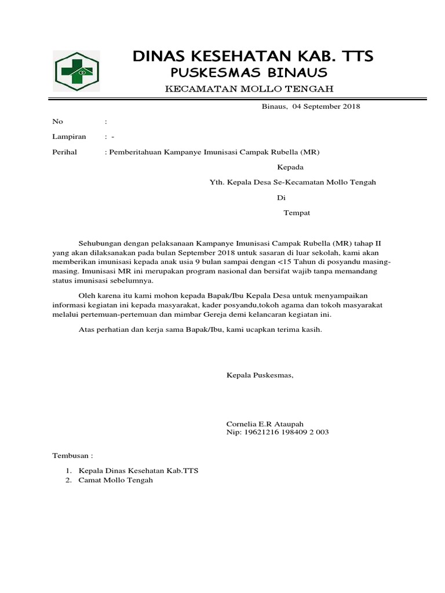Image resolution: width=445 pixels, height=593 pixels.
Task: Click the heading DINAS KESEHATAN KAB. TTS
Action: coord(253,56)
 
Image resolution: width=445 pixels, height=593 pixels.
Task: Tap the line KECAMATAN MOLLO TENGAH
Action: coord(249,89)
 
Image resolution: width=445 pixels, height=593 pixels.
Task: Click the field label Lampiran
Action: coord(70,137)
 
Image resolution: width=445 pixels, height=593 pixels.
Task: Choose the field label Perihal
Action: coord(65,152)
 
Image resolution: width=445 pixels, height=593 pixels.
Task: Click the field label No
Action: coord(57,122)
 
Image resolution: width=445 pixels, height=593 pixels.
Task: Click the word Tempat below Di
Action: coord(297,213)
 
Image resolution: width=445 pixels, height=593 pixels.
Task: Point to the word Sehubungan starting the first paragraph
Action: coord(99,243)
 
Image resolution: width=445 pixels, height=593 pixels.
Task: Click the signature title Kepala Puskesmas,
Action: coord(260,376)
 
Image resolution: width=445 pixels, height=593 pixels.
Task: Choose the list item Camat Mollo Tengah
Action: coord(115,481)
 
